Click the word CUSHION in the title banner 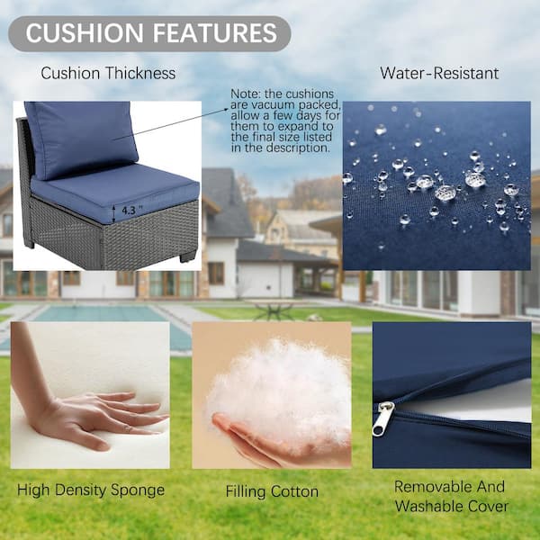point(85,33)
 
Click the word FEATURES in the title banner point(215,33)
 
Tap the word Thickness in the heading point(140,73)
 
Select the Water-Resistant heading point(439,73)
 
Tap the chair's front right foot point(188,256)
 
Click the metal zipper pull point(382,418)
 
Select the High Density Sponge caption point(91,490)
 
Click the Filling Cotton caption point(272,491)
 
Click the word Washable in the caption point(428,506)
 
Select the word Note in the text point(243,94)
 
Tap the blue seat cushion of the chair point(115,191)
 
